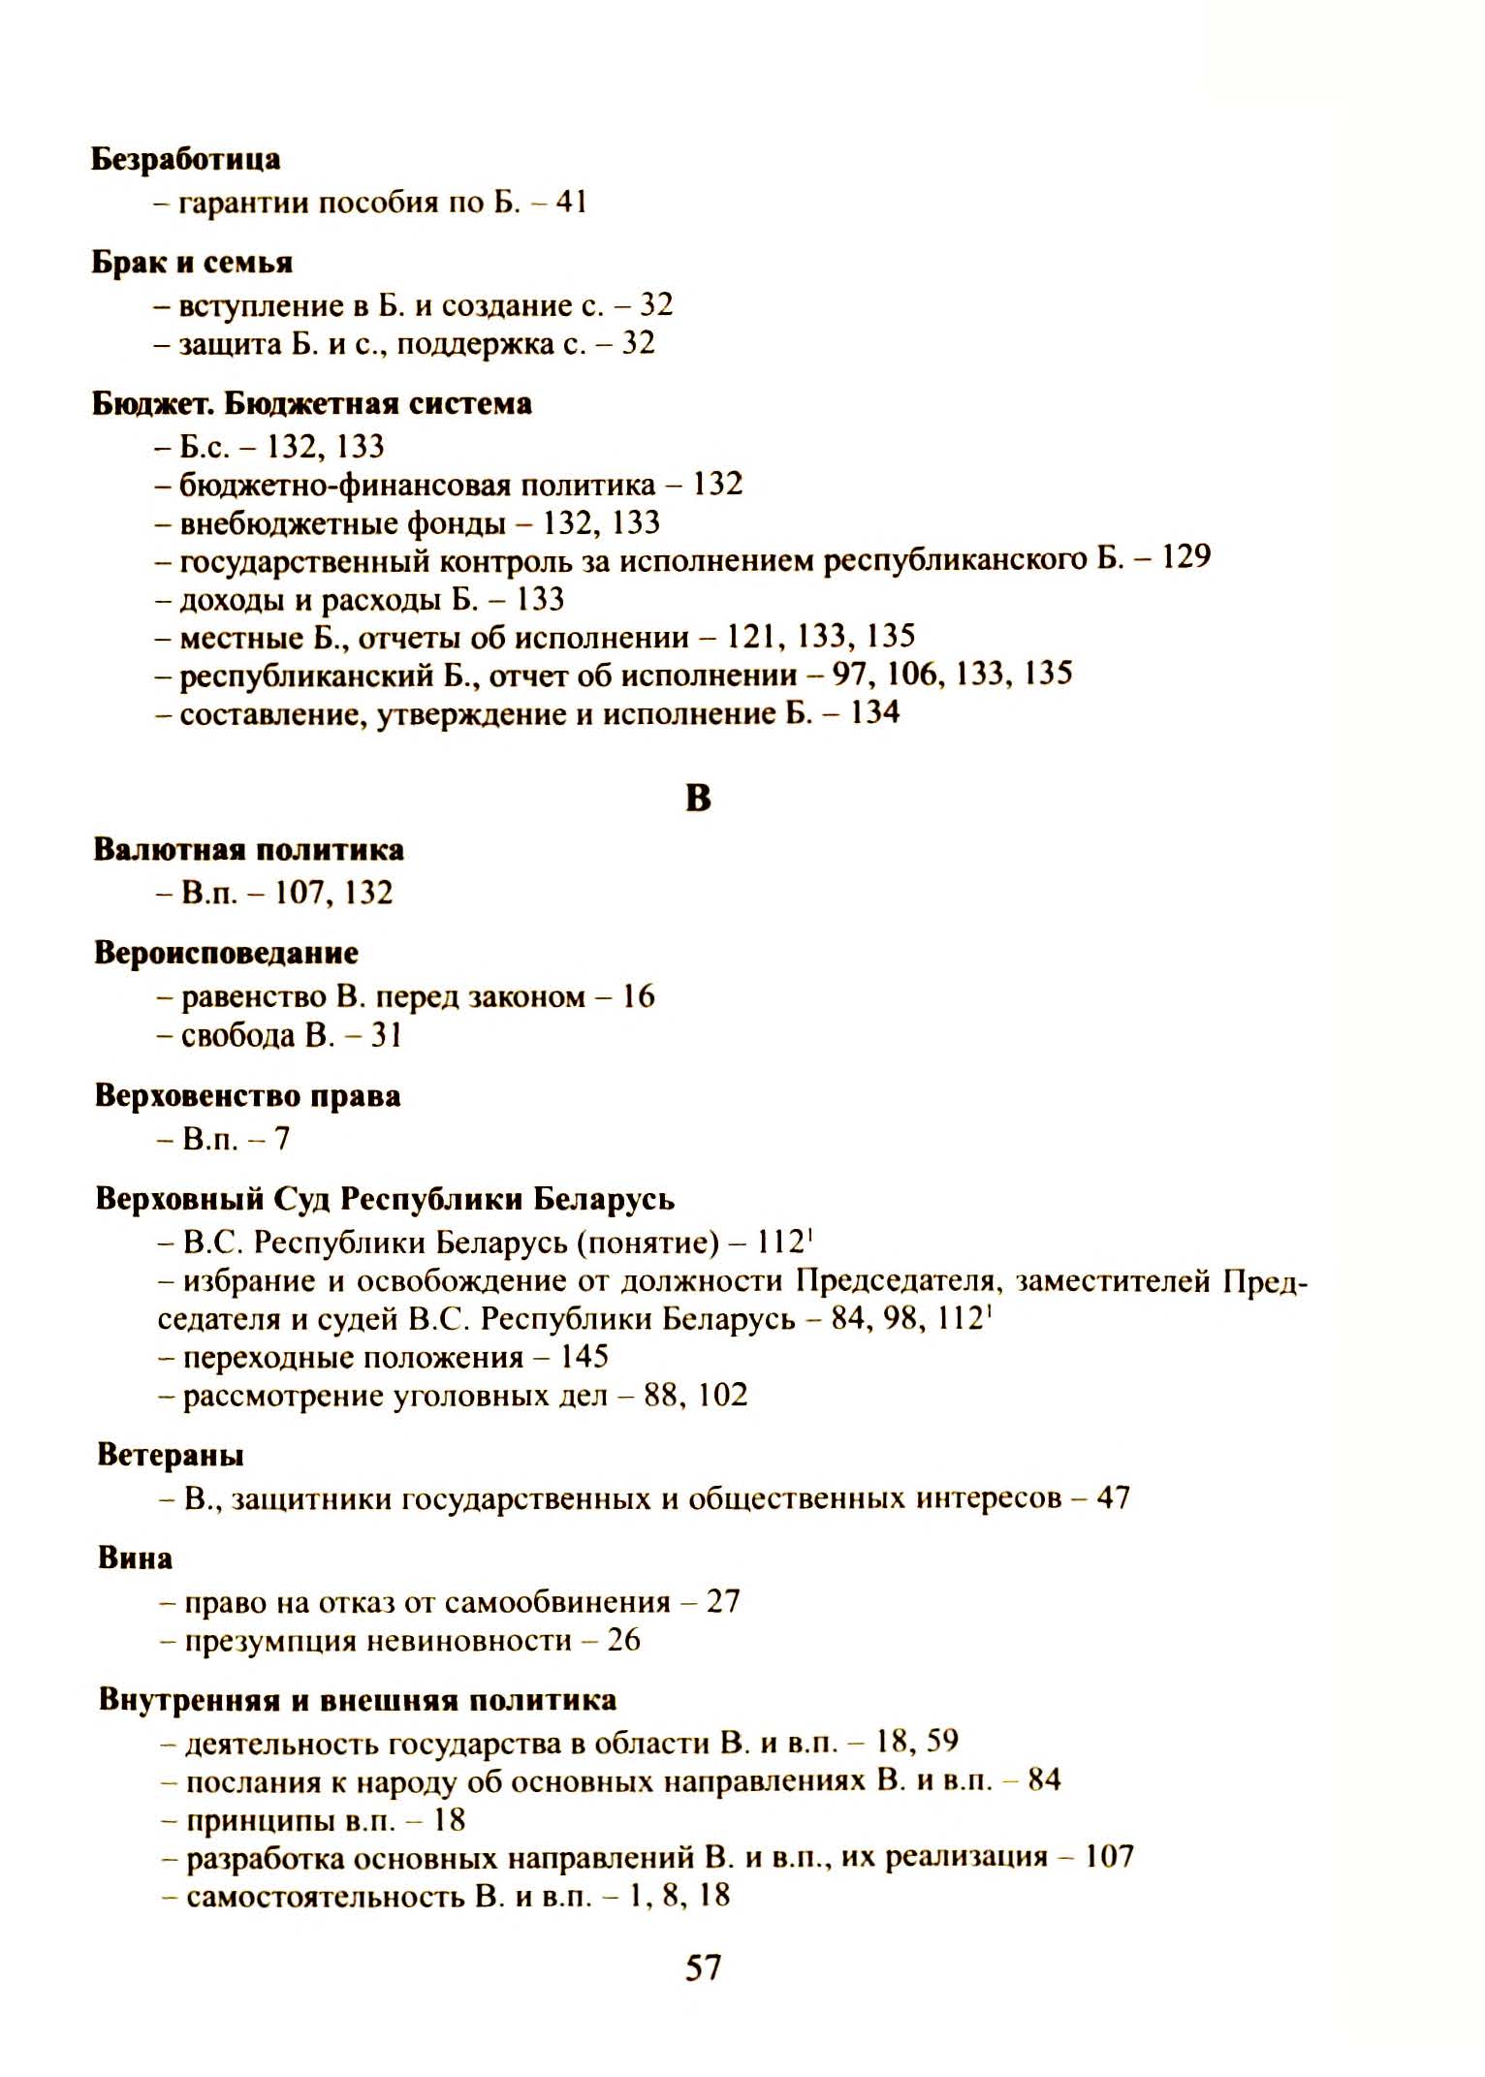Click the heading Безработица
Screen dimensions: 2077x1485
pos(185,159)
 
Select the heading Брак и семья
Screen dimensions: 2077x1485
pos(192,263)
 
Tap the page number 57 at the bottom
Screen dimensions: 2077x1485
pos(703,1967)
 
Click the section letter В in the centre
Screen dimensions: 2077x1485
pos(698,798)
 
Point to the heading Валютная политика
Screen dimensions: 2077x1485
pos(248,850)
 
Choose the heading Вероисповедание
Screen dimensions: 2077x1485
pos(226,954)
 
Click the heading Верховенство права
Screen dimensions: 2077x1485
pos(247,1096)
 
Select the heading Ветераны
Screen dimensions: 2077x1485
pos(170,1456)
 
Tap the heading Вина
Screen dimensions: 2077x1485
pos(135,1558)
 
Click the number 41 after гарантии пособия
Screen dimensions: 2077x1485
pos(571,203)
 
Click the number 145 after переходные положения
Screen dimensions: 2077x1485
pos(584,1356)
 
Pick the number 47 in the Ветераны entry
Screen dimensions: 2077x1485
pos(1113,1498)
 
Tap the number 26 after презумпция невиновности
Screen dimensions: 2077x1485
pos(623,1641)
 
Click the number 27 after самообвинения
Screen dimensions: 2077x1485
pos(723,1602)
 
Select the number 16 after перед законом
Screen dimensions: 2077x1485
pos(638,996)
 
